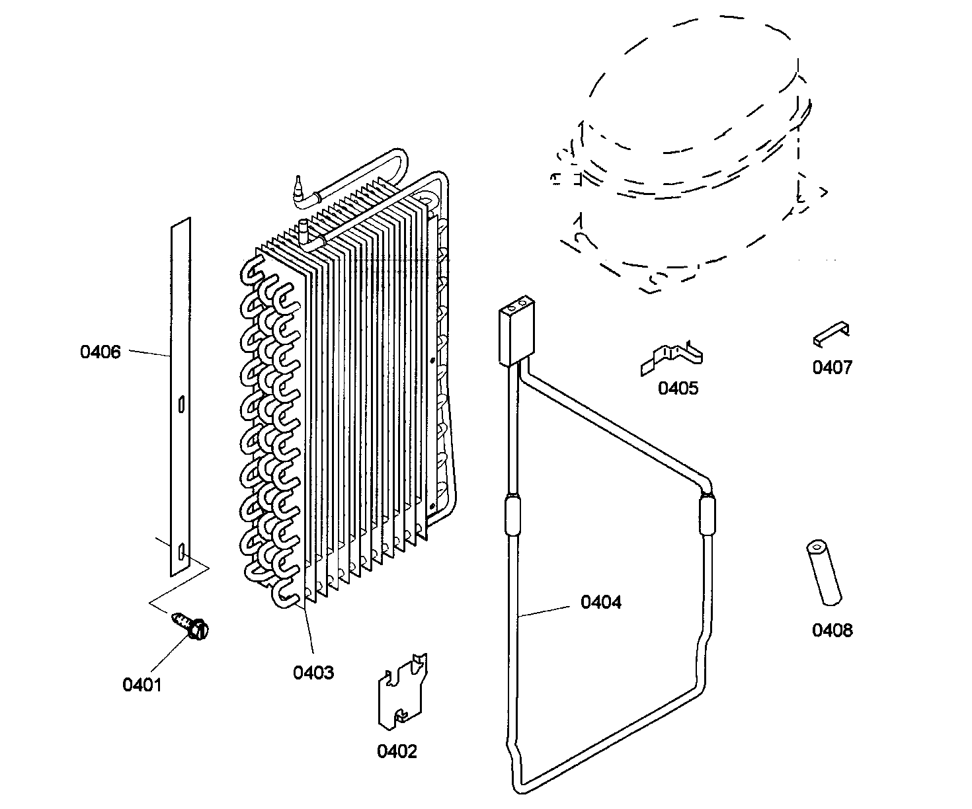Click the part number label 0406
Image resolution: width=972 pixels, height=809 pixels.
(x=101, y=352)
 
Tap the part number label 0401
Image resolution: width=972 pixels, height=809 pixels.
(x=142, y=685)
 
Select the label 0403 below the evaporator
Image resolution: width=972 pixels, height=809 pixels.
(x=313, y=673)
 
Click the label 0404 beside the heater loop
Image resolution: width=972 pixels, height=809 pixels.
(x=600, y=602)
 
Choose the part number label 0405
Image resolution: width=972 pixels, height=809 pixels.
(x=677, y=388)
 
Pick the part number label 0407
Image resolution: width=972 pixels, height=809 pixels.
(x=832, y=367)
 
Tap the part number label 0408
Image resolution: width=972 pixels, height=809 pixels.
(x=832, y=630)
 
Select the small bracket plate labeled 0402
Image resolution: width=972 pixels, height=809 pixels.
(x=401, y=691)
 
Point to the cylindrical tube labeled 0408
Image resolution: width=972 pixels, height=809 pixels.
(x=823, y=572)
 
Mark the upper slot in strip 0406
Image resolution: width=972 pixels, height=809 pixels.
(x=182, y=404)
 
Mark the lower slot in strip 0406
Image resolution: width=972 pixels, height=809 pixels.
(x=181, y=551)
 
